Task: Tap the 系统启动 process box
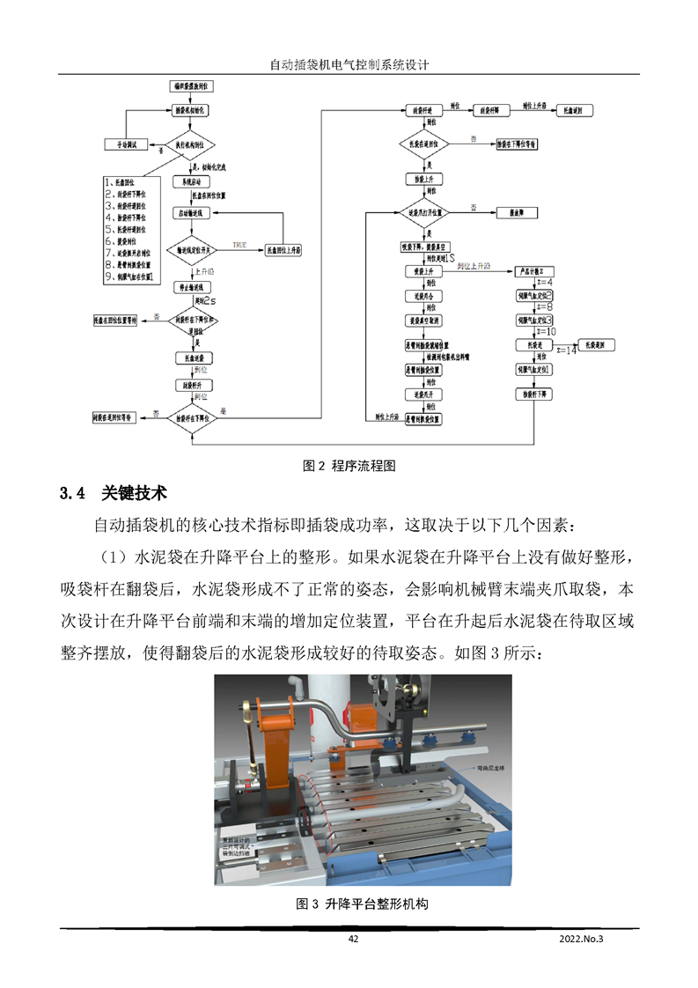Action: pos(187,181)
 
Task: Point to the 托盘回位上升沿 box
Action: pos(283,251)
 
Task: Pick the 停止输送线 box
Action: pos(191,287)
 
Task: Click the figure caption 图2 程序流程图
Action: pos(349,465)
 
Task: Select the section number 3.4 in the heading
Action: pos(71,492)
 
